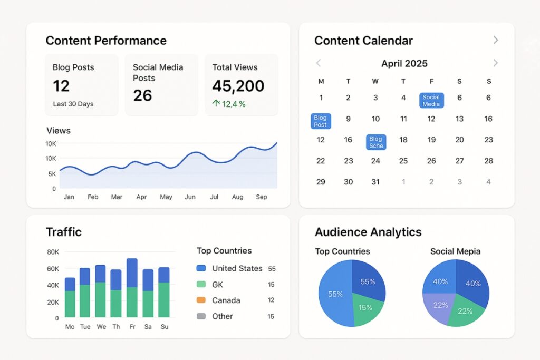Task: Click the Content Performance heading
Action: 106,41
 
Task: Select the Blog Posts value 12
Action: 61,86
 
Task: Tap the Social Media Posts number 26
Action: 142,95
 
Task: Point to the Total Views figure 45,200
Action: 238,86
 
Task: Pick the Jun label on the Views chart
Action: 190,197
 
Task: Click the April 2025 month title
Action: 404,64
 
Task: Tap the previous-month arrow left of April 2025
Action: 319,63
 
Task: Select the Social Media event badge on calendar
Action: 431,101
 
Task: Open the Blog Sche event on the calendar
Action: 376,142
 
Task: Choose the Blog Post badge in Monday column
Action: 321,121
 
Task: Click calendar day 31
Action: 375,182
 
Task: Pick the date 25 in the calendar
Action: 403,161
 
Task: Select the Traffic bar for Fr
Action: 132,288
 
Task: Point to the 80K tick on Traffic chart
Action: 53,252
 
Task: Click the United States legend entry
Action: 237,268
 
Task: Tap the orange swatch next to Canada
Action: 201,300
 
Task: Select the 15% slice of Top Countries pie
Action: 365,307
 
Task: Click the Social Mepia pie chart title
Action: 455,251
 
